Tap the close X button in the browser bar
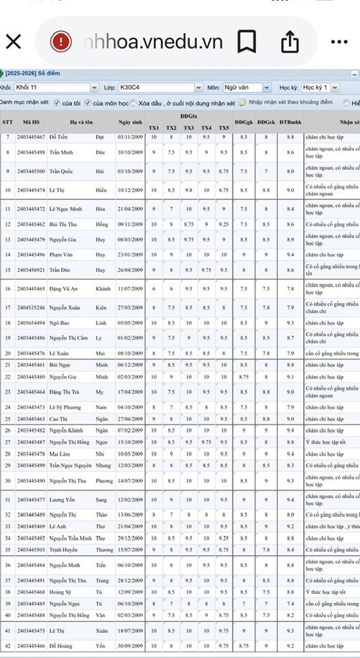[13, 42]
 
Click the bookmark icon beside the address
[247, 42]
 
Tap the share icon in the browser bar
[289, 42]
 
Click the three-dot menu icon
[339, 42]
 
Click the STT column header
[8, 122]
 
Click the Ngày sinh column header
[130, 122]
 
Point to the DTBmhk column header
[290, 122]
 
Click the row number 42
[8, 646]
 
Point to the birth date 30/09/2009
[130, 646]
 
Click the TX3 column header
[189, 128]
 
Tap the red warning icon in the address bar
[60, 42]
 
